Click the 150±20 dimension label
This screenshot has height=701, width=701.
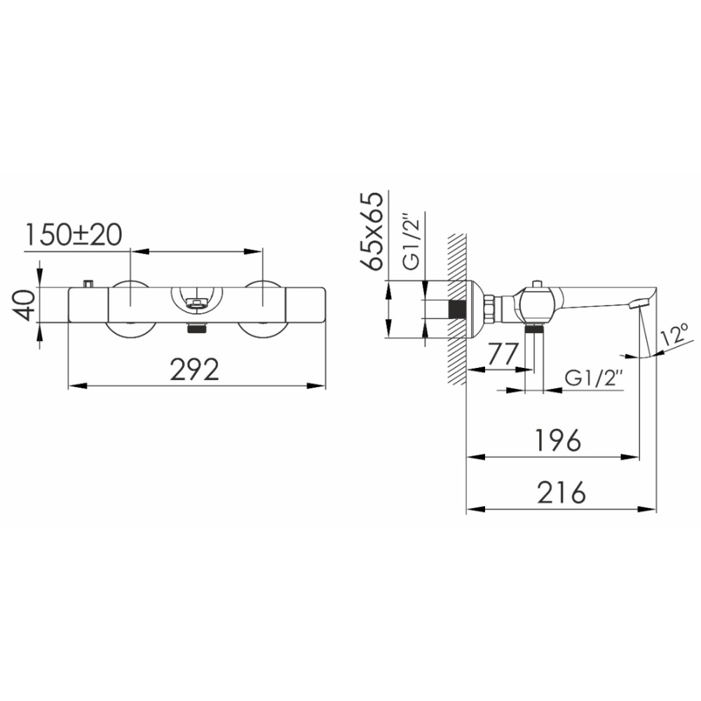point(73,235)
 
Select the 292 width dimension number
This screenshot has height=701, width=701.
point(194,369)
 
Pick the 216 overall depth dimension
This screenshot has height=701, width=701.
point(561,492)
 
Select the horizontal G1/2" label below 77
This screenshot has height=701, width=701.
point(594,379)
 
